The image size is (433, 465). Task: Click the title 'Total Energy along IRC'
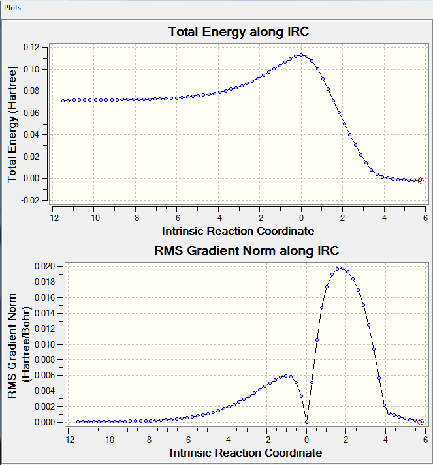click(238, 31)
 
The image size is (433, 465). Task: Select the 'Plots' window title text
click(13, 7)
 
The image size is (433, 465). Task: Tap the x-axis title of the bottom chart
click(246, 452)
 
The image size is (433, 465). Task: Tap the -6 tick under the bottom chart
click(187, 439)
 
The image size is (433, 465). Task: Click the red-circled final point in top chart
click(421, 181)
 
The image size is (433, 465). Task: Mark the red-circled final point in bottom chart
click(421, 422)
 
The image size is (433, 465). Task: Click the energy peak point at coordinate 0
click(301, 55)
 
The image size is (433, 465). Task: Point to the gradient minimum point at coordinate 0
click(306, 422)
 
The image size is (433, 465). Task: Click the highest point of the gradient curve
click(341, 268)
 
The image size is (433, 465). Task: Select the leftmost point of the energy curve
click(63, 100)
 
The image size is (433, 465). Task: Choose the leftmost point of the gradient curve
click(78, 421)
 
